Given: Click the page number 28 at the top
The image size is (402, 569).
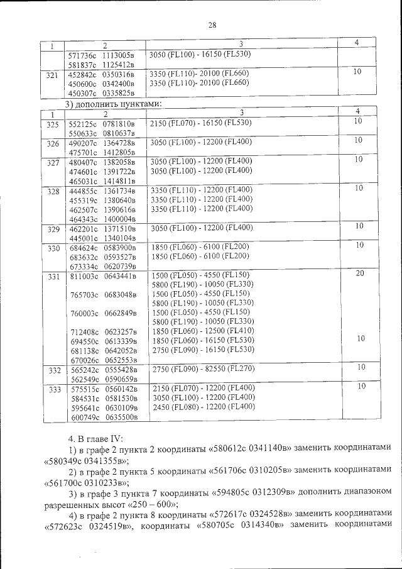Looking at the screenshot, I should click(x=212, y=25).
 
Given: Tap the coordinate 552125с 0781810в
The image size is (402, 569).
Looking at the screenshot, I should click(x=101, y=123).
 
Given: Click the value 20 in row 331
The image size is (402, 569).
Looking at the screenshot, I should click(x=357, y=273).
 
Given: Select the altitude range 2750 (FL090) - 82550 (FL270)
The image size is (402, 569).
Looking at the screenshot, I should click(x=198, y=367).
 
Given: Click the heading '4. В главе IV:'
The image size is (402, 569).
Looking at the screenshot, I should click(x=92, y=436).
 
